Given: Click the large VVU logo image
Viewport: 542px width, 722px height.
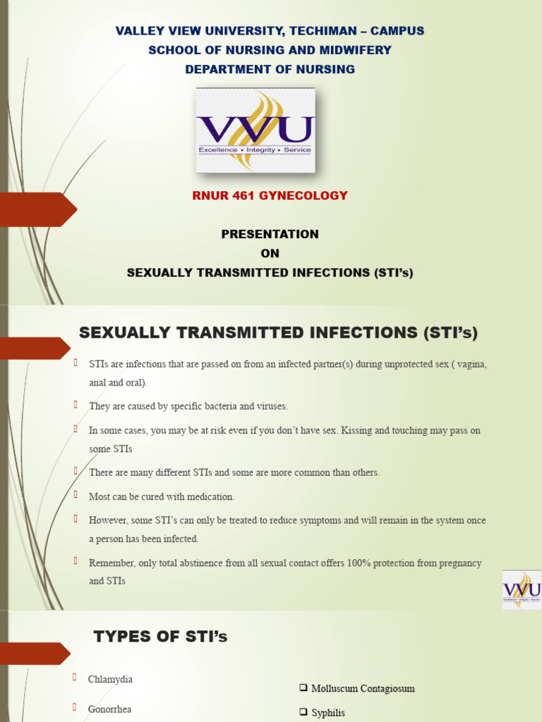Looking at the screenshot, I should click(x=255, y=130).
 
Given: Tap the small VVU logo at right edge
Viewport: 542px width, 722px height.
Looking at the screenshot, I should click(x=522, y=589).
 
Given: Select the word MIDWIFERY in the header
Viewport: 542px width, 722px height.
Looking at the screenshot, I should click(x=356, y=50).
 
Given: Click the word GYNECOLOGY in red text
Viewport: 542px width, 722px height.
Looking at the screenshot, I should click(x=306, y=195).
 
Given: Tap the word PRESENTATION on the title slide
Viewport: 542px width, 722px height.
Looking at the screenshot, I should click(x=270, y=234).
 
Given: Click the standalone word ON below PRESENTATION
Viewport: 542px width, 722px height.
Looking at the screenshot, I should click(x=270, y=254).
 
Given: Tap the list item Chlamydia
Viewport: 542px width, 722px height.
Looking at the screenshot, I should click(x=110, y=680).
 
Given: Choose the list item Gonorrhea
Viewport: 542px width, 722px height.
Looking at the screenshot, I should click(x=109, y=709).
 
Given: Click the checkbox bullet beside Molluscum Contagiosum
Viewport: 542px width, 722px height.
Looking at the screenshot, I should click(x=303, y=688).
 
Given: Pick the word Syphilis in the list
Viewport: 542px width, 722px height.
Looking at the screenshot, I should click(x=328, y=713).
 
